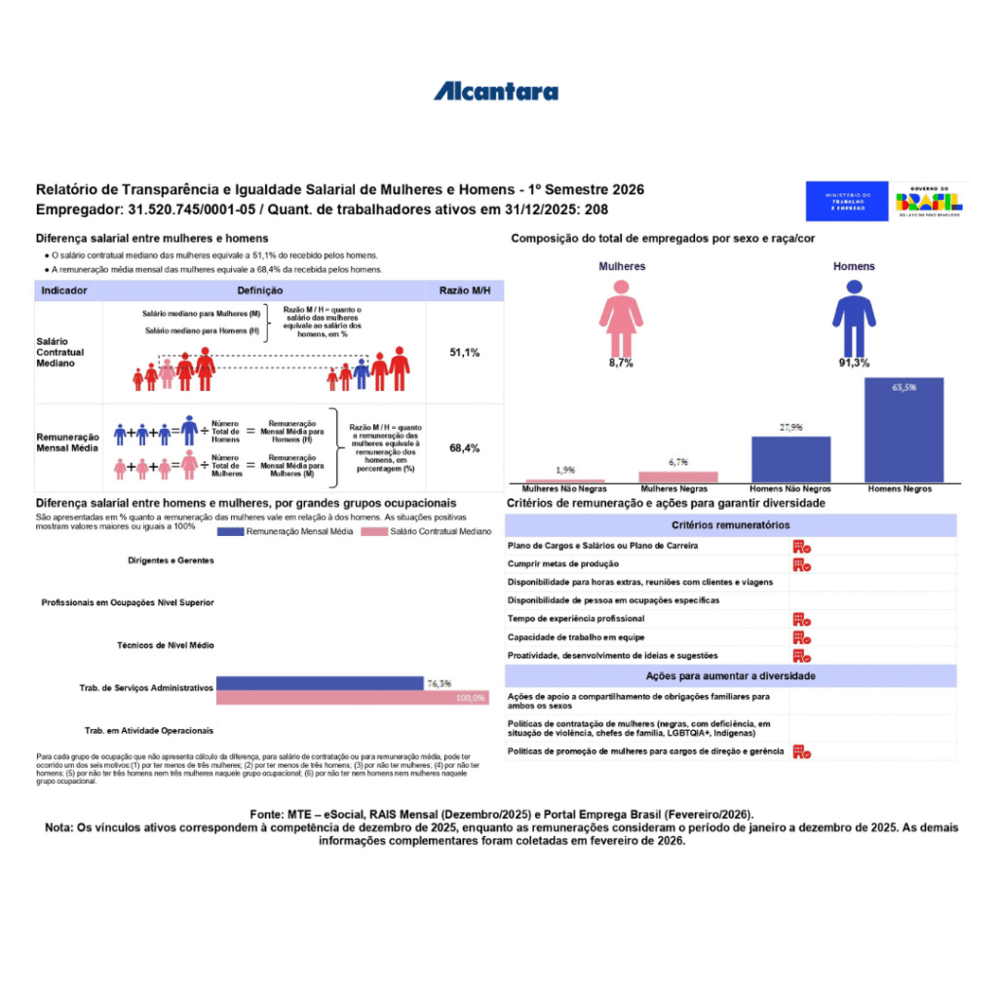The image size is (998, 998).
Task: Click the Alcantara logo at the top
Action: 496,92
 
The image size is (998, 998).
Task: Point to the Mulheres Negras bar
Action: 677,477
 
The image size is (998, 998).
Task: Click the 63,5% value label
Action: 903,387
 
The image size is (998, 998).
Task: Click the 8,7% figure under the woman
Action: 621,363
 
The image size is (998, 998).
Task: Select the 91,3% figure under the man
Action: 854,363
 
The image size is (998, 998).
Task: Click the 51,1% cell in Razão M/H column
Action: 464,353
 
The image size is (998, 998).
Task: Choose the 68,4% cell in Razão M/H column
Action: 464,448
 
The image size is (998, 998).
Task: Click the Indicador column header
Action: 65,290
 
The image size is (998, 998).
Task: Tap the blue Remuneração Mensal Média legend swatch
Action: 229,532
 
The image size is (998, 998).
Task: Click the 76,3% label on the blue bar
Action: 438,684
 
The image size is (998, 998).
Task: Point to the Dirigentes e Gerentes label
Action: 171,560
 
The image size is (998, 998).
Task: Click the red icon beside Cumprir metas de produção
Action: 801,564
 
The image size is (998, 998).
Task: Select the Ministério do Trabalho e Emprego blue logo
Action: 846,201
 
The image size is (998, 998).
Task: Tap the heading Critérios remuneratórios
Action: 730,524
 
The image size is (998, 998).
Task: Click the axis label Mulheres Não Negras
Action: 564,488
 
